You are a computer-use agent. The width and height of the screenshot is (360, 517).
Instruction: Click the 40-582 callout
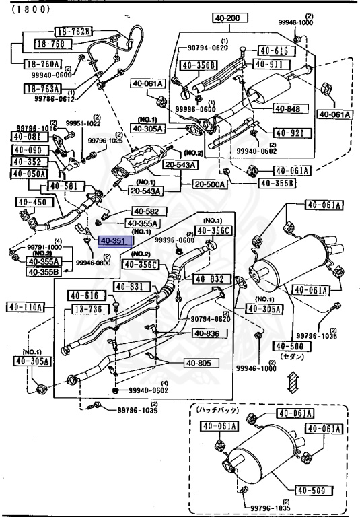[x=145, y=211]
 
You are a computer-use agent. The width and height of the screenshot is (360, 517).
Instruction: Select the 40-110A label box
[x=26, y=308]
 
